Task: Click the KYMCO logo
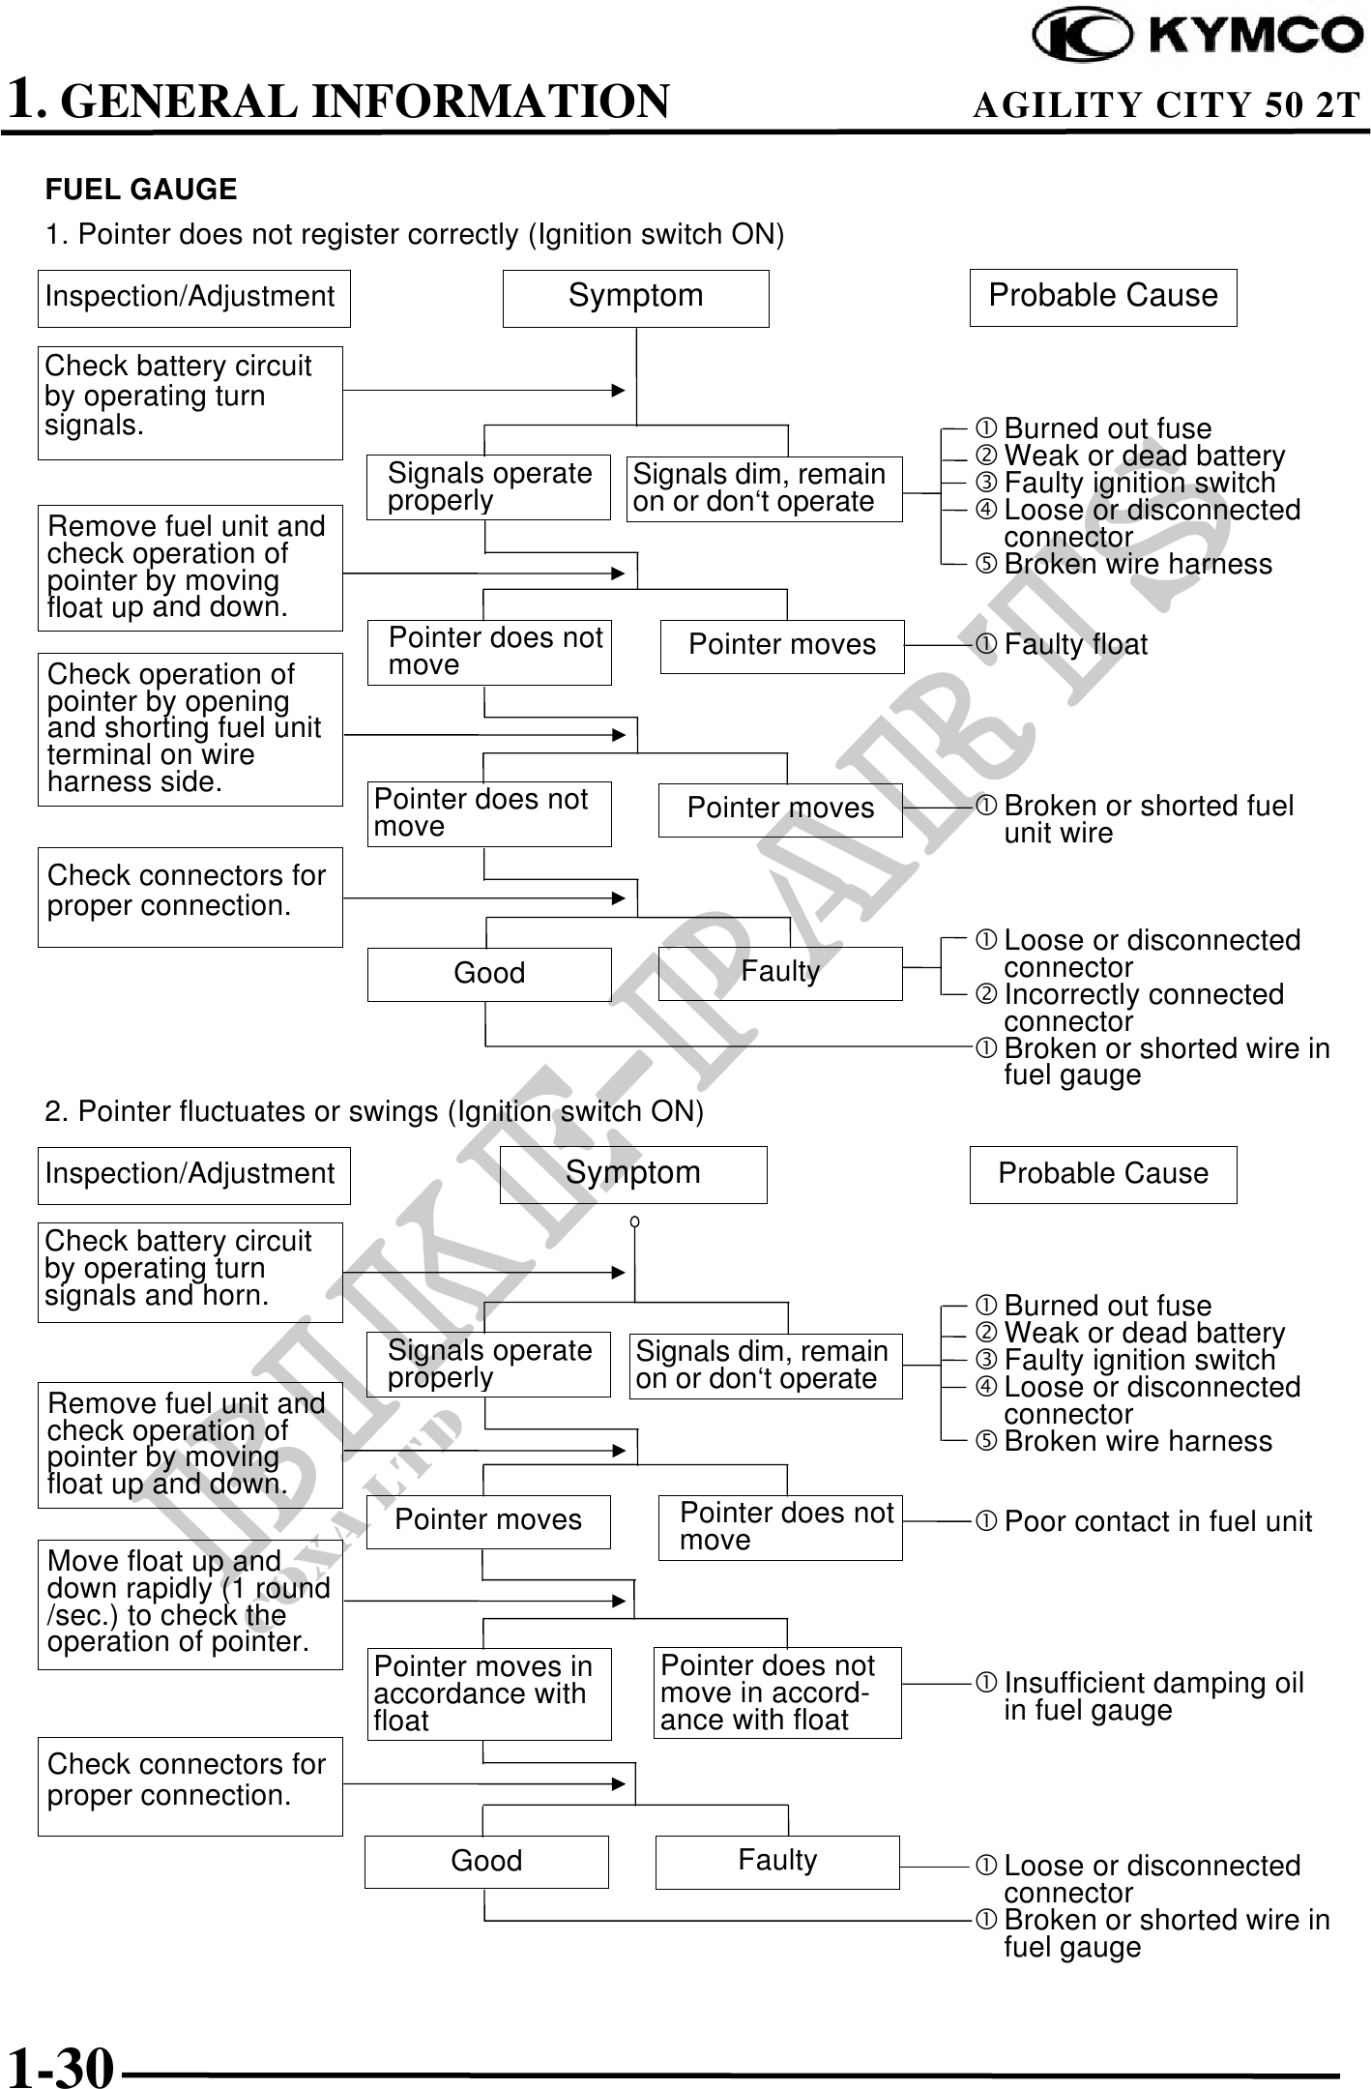coord(1197,35)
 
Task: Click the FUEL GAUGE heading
coord(141,190)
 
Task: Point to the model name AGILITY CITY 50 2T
coord(1166,104)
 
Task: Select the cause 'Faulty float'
coord(1074,645)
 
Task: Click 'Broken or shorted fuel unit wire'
coord(1147,819)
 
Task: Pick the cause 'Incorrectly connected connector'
coord(1143,1008)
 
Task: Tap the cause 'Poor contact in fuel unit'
coord(1156,1522)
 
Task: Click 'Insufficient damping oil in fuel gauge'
coord(1152,1696)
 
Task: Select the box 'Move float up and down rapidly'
coord(190,1604)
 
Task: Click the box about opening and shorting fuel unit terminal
coord(190,729)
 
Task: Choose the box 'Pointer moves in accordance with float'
coord(488,1693)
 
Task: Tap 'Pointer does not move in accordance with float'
coord(776,1692)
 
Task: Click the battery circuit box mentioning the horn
coord(190,1272)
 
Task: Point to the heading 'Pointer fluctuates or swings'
coord(374,1112)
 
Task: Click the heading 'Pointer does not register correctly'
coord(415,235)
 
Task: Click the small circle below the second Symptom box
coord(634,1222)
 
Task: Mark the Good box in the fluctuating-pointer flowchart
coord(486,1862)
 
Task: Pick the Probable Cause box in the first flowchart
coord(1102,297)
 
